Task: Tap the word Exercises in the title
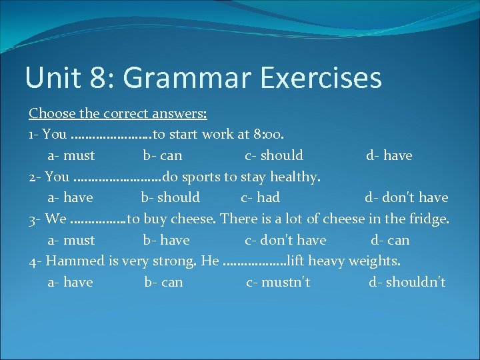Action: coord(321,77)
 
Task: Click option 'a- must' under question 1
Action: coord(71,155)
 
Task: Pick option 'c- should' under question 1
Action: coord(274,155)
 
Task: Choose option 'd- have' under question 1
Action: coord(389,155)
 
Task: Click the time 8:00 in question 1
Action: coord(269,135)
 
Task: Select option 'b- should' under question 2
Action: coord(170,197)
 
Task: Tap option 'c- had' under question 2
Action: coord(260,197)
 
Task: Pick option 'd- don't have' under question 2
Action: coord(406,197)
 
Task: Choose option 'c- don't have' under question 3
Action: coord(285,240)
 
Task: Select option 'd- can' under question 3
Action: coord(390,240)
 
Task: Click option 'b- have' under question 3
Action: coord(166,240)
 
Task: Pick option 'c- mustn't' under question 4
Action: coord(278,282)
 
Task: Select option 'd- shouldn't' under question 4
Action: coord(407,282)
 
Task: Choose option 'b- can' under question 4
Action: coord(163,282)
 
